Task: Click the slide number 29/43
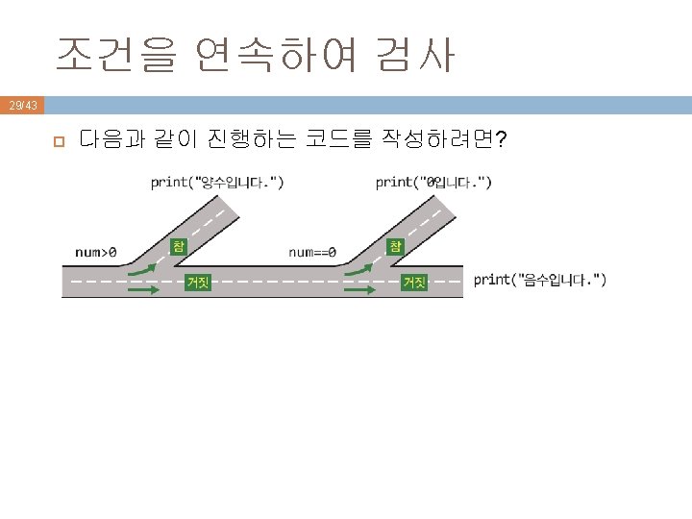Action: pos(21,104)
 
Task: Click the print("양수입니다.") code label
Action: pos(217,181)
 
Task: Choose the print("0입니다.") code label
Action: pos(433,181)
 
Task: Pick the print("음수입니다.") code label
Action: pos(540,280)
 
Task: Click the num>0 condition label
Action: pos(96,253)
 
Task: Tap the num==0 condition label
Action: pos(312,253)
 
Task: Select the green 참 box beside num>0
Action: pos(179,245)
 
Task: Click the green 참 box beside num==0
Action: pos(395,245)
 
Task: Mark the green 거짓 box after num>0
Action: pos(198,282)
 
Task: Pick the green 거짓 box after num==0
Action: pos(414,282)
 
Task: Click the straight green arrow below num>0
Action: pos(142,286)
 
